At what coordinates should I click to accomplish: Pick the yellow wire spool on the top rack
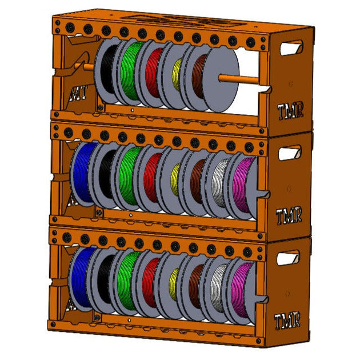[x=177, y=74]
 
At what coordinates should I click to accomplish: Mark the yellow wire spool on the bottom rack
[x=174, y=283]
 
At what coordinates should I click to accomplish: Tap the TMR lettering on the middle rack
[x=289, y=217]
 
